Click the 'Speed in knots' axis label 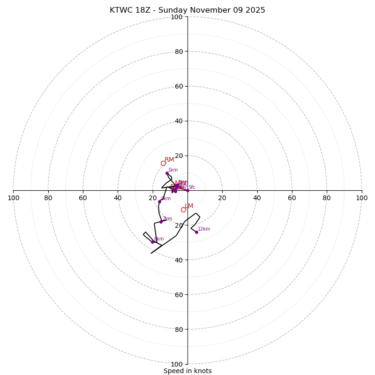187,371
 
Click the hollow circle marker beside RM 163,163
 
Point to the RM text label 169,160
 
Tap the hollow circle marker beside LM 183,210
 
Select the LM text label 189,206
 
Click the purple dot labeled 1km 167,173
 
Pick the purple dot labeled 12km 196,232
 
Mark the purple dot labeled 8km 152,242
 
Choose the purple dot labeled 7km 161,222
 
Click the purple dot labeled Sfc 187,190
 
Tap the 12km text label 204,229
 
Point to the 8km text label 159,239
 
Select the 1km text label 173,170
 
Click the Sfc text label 192,187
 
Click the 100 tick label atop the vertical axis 177,17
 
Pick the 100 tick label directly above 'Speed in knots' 177,364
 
